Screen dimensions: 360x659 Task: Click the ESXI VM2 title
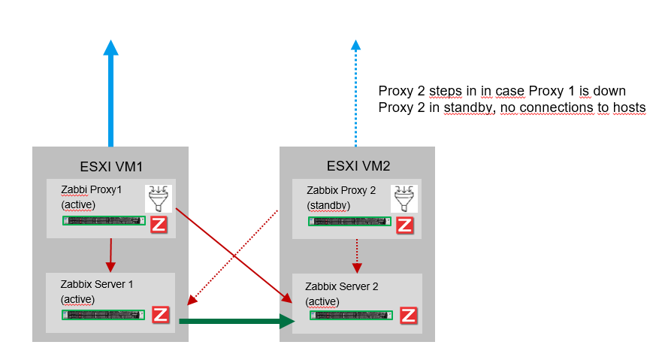pyautogui.click(x=357, y=165)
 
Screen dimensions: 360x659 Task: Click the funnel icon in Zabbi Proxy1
pyautogui.click(x=159, y=198)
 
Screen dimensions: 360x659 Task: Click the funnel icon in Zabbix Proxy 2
pyautogui.click(x=404, y=198)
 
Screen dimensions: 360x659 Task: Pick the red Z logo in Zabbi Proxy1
pyautogui.click(x=159, y=224)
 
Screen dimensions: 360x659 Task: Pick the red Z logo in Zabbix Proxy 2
pyautogui.click(x=404, y=224)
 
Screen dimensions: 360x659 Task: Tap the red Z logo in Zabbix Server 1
pyautogui.click(x=161, y=314)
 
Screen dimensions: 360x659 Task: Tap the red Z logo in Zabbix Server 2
pyautogui.click(x=408, y=315)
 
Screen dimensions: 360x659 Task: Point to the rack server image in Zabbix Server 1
pyautogui.click(x=104, y=315)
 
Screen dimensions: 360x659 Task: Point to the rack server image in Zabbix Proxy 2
pyautogui.click(x=350, y=222)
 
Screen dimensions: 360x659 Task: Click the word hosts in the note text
pyautogui.click(x=627, y=107)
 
